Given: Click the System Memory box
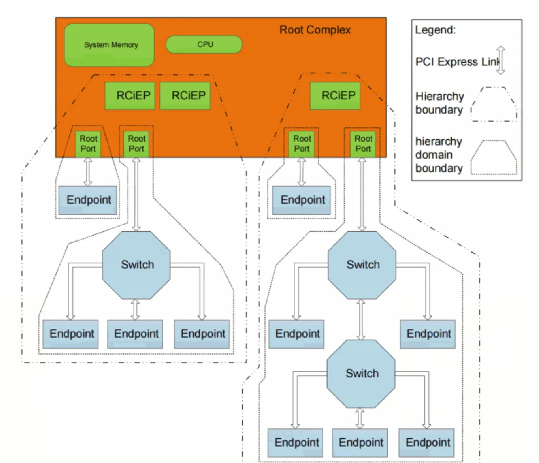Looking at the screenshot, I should tap(109, 45).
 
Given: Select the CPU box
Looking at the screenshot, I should tap(204, 44).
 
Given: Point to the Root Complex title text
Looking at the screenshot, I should tap(315, 29).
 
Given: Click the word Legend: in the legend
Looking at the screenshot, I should tap(436, 30).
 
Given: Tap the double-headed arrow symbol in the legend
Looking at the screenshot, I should tap(501, 61).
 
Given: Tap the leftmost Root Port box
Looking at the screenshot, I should tap(88, 144).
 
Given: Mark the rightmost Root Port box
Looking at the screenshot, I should tap(363, 144).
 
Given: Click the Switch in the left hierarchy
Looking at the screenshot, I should tap(137, 265).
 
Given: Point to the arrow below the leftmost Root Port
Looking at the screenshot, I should tap(88, 171).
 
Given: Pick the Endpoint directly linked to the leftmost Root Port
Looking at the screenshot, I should tap(88, 200).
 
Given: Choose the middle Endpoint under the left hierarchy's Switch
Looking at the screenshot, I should tap(136, 334).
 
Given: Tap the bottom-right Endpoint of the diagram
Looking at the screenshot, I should tap(428, 442).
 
